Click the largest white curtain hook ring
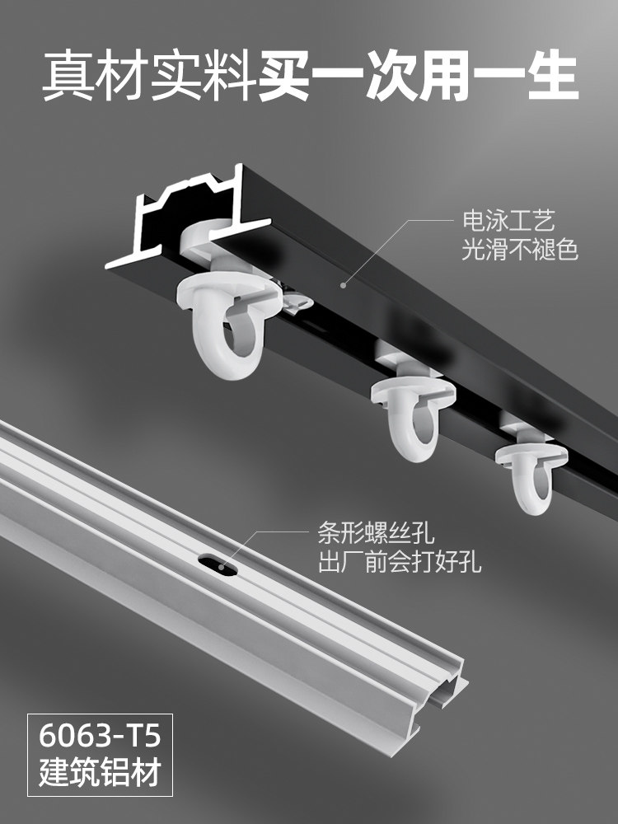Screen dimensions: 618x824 coord(223,321)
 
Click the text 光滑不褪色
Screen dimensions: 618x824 coord(519,250)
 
